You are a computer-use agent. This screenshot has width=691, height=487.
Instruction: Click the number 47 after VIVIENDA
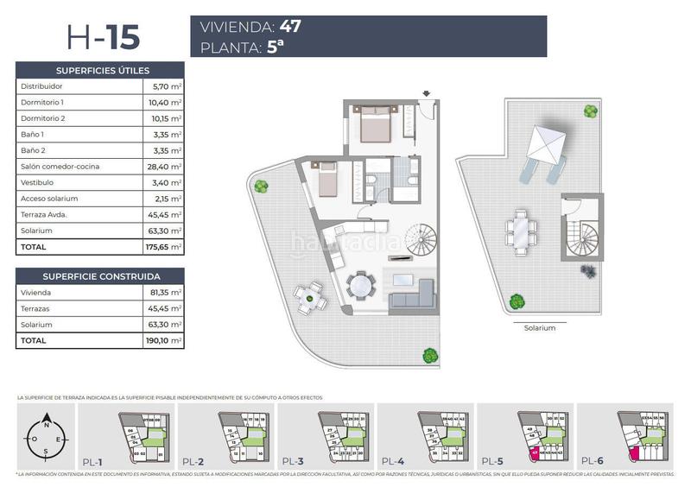290,26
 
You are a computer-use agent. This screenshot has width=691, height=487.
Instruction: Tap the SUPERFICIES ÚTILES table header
100,70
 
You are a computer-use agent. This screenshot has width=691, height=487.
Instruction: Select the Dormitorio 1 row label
42,102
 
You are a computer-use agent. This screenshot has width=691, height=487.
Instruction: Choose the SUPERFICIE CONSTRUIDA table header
100,276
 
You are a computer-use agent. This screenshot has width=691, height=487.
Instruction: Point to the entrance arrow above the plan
427,94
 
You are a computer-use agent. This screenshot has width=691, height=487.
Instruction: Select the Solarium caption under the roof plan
540,328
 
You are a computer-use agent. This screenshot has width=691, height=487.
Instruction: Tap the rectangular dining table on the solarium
522,230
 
